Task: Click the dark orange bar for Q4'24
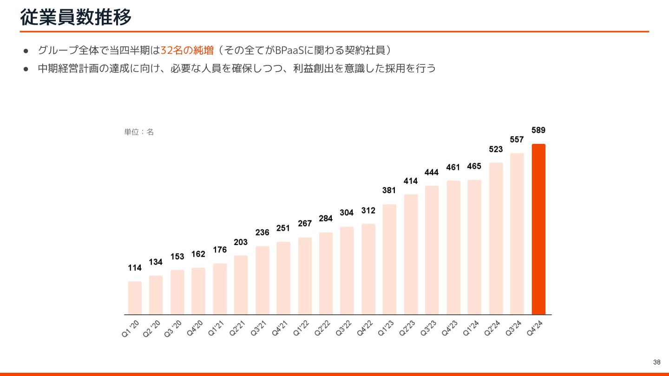click(x=538, y=229)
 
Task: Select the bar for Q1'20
click(x=135, y=298)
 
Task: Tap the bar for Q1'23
click(x=389, y=259)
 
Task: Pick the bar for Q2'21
click(x=241, y=285)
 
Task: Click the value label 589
click(x=538, y=130)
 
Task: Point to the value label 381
click(x=389, y=190)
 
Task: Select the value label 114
click(x=135, y=268)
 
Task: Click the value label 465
click(x=474, y=166)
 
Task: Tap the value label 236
click(x=262, y=233)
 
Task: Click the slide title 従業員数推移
click(x=76, y=17)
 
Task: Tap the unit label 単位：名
click(x=139, y=132)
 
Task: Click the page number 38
click(x=656, y=362)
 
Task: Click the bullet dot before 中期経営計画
click(x=26, y=69)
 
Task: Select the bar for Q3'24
click(x=517, y=234)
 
